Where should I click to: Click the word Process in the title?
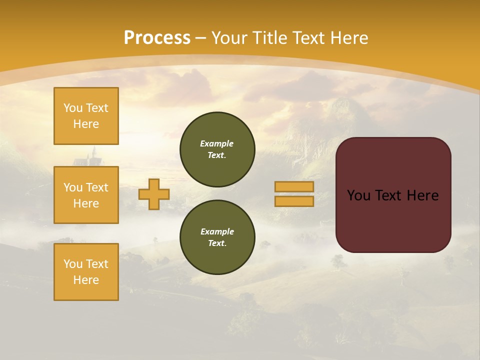pyautogui.click(x=157, y=37)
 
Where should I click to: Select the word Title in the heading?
pyautogui.click(x=268, y=37)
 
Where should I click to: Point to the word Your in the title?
pyautogui.click(x=230, y=37)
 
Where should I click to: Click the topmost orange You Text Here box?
pyautogui.click(x=86, y=116)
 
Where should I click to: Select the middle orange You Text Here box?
pyautogui.click(x=86, y=195)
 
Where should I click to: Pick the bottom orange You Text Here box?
pyautogui.click(x=86, y=272)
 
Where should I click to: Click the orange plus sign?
pyautogui.click(x=154, y=194)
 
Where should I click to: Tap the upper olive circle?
pyautogui.click(x=217, y=149)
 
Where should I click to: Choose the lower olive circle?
pyautogui.click(x=217, y=237)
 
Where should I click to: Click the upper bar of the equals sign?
pyautogui.click(x=294, y=186)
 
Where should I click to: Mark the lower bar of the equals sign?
pyautogui.click(x=294, y=201)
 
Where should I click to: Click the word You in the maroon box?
pyautogui.click(x=358, y=195)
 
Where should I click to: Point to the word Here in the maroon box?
pyautogui.click(x=422, y=195)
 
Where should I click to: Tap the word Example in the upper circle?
pyautogui.click(x=217, y=143)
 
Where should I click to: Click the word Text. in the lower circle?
pyautogui.click(x=217, y=243)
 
